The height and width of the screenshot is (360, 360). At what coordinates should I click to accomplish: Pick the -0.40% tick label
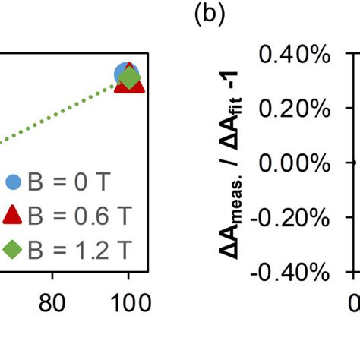coord(289,271)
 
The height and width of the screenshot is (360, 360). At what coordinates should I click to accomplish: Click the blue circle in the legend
coord(13,182)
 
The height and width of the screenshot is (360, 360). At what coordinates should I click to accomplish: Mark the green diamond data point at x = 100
coord(130,77)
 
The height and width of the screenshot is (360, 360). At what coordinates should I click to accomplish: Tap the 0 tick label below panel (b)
coord(354,302)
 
